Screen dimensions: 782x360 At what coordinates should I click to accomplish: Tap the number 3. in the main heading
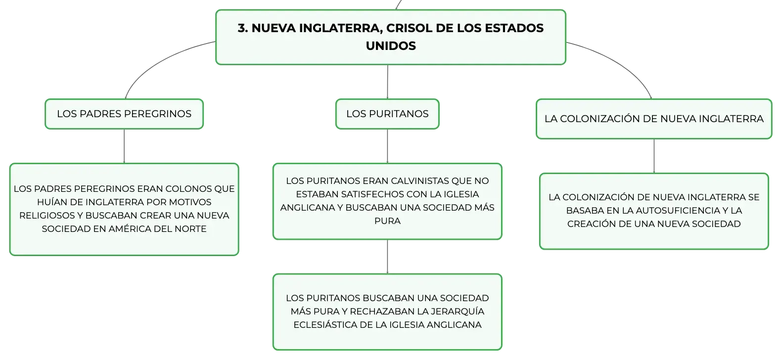[243, 28]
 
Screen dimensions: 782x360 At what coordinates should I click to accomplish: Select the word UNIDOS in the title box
[391, 46]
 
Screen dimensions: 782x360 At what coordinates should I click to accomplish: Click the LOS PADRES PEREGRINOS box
[124, 114]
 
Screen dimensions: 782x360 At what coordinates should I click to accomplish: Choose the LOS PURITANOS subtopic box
[387, 114]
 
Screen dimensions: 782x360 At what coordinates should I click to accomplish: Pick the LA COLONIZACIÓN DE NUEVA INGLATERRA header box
[654, 119]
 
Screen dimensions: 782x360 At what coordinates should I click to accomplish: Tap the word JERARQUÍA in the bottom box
[458, 312]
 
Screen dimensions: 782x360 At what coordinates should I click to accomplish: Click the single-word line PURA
[387, 221]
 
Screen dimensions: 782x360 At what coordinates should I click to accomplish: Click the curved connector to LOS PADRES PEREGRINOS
[159, 60]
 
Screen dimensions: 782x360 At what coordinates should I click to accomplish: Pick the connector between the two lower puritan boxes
[387, 257]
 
